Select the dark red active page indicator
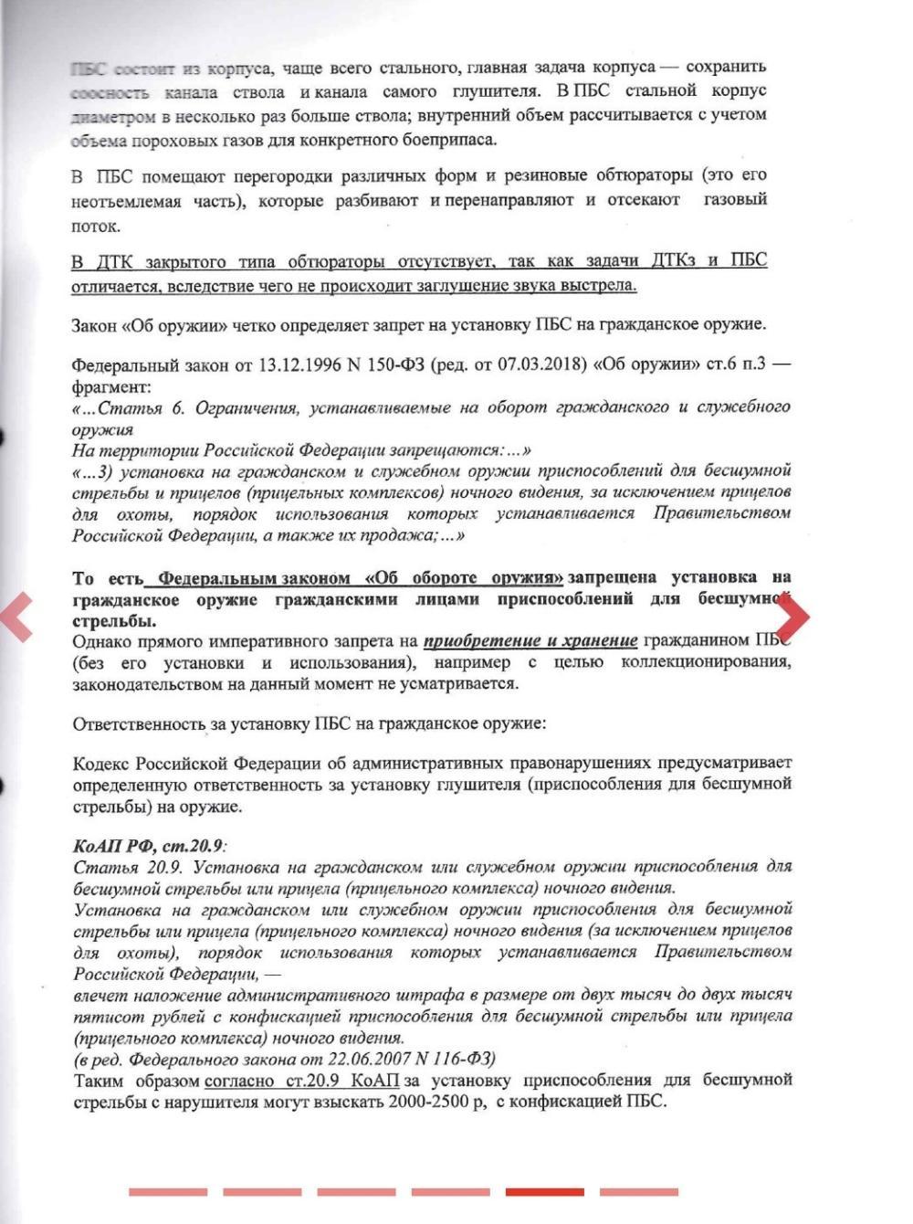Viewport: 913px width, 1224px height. (544, 1192)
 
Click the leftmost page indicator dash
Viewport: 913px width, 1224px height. (168, 1192)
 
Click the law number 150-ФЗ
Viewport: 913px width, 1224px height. (400, 365)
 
